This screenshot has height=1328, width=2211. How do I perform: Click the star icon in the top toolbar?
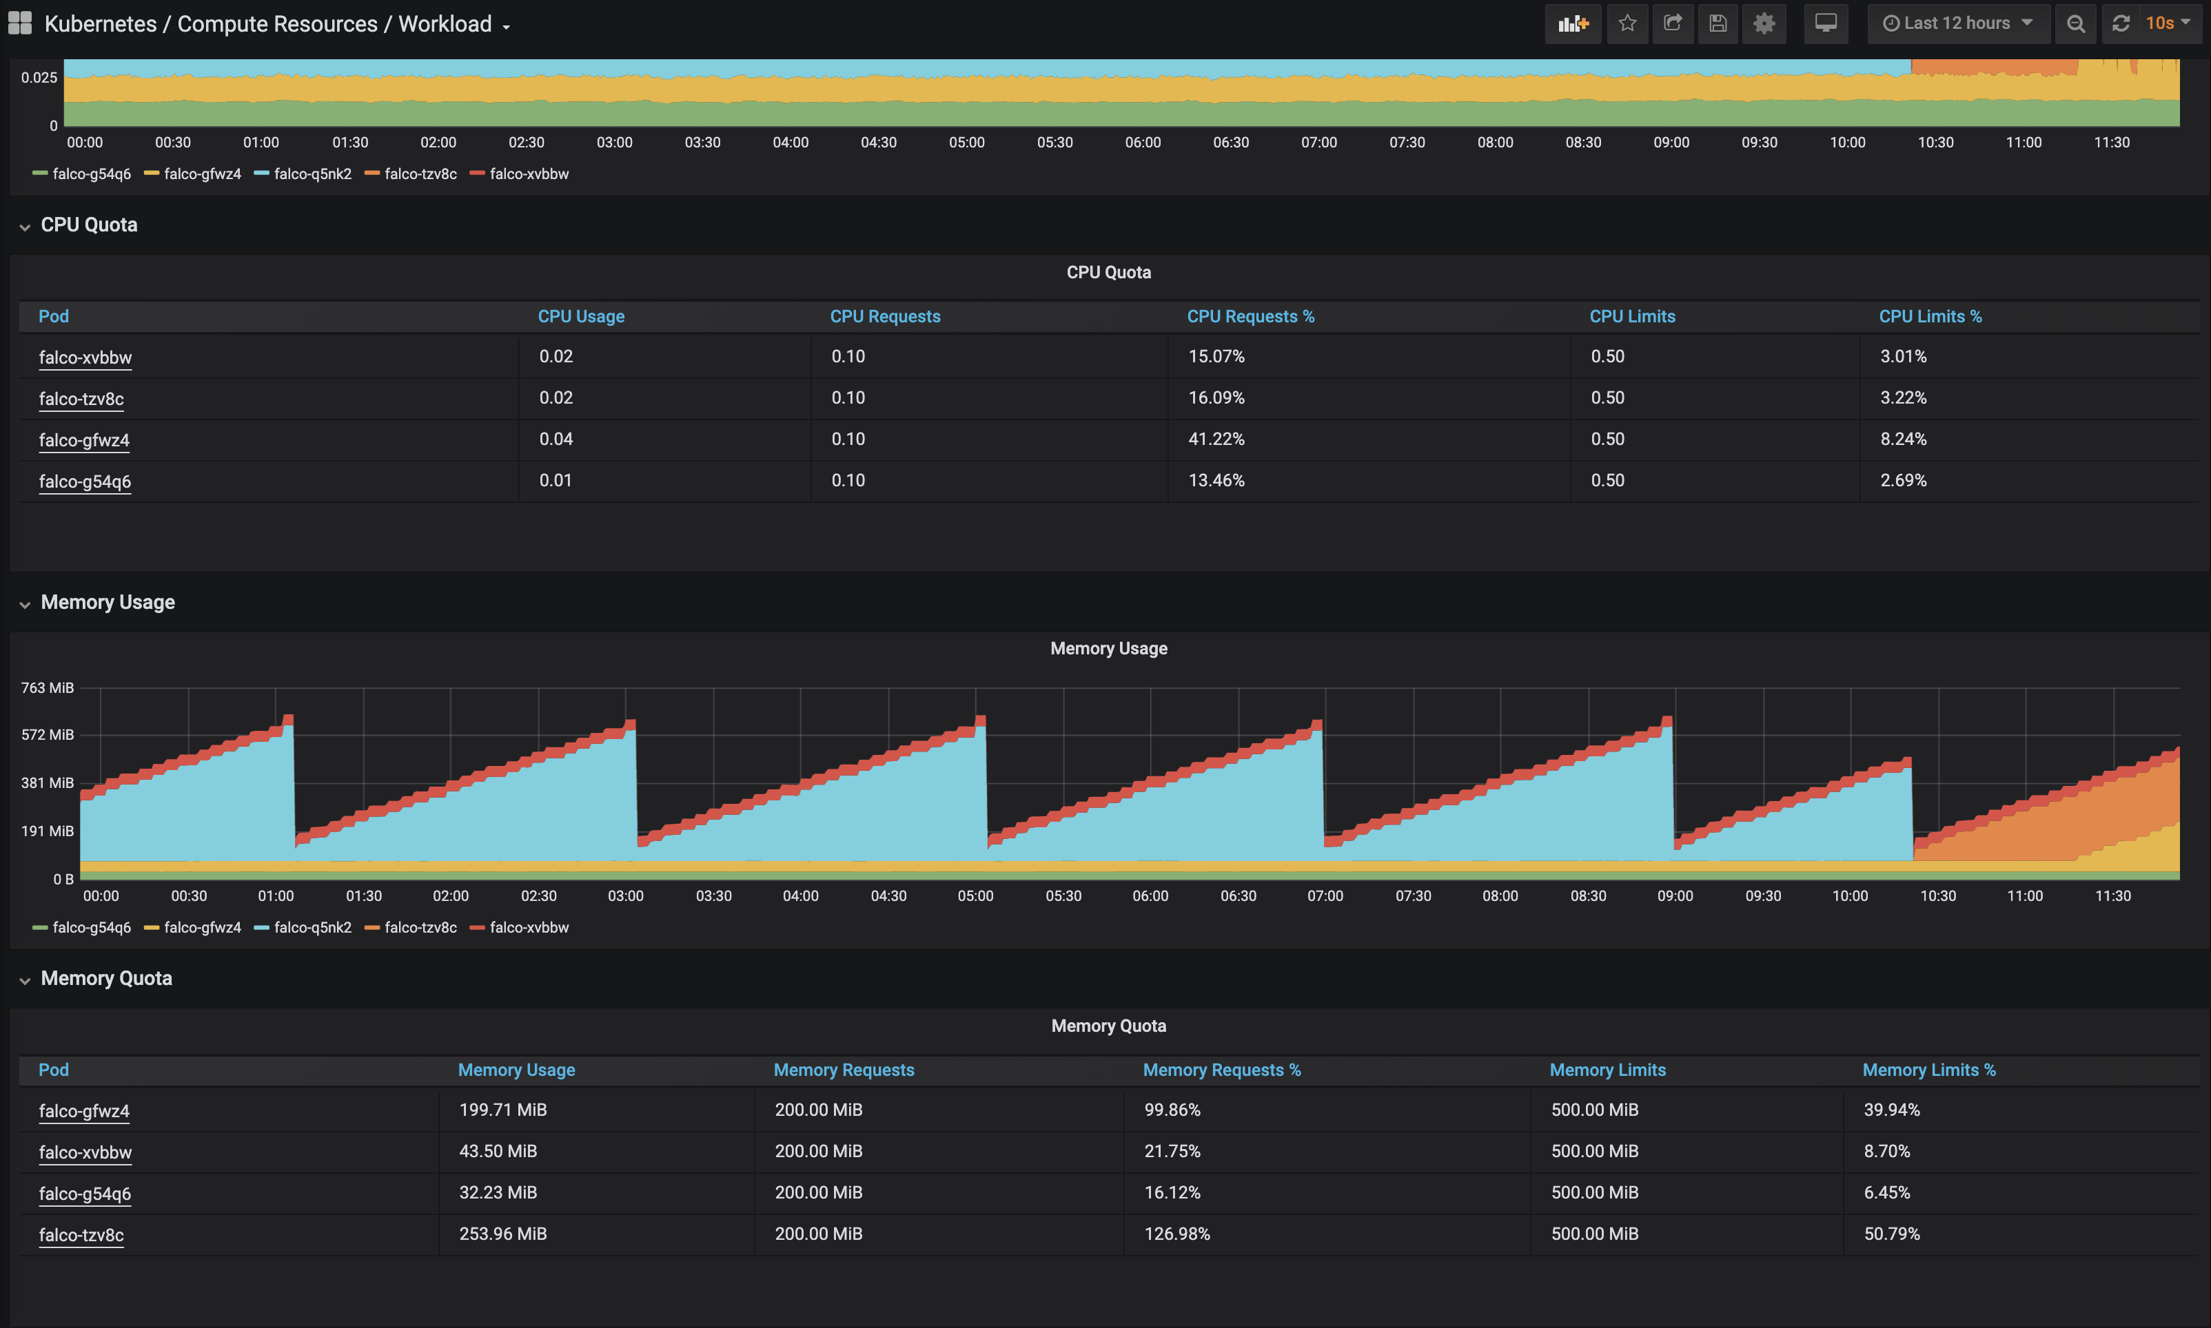1627,23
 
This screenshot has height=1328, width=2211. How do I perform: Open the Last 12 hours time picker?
1957,23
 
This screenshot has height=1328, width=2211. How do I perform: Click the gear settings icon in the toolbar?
1764,23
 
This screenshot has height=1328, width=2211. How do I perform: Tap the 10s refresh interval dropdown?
2166,23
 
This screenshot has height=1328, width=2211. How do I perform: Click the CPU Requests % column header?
1250,316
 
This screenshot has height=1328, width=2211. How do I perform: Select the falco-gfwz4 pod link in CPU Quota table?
84,439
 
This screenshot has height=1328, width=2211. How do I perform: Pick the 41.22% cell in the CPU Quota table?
1216,439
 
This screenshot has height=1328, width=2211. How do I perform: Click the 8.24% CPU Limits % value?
1902,439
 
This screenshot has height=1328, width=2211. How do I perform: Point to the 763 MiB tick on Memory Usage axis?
48,687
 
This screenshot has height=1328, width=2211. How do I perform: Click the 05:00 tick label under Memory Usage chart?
975,895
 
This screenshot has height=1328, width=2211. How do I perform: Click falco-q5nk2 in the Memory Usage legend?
312,927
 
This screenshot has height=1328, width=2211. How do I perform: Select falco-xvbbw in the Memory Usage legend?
528,927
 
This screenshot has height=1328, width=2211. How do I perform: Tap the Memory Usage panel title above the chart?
1108,648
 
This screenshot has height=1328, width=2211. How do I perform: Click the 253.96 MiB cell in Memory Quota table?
502,1233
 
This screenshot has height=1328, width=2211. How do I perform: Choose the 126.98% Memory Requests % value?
1176,1233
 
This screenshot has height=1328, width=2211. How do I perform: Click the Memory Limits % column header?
1928,1070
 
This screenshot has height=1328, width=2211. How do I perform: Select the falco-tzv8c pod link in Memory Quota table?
81,1234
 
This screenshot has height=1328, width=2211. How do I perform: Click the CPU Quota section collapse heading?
89,225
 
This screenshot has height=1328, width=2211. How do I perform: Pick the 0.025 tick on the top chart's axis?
39,78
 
